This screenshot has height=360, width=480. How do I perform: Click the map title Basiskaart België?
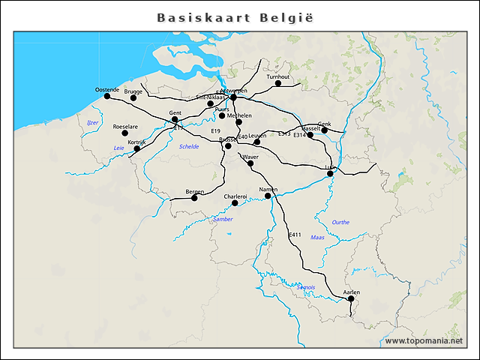pyautogui.click(x=235, y=16)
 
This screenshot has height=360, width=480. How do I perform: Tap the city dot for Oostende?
pyautogui.click(x=106, y=96)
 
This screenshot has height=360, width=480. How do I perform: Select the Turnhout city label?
pyautogui.click(x=277, y=76)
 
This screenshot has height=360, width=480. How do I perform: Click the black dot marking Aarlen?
pyautogui.click(x=351, y=298)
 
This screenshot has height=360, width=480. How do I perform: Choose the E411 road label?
pyautogui.click(x=295, y=235)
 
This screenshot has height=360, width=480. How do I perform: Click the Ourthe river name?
pyautogui.click(x=340, y=222)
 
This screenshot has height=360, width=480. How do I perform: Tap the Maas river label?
pyautogui.click(x=317, y=237)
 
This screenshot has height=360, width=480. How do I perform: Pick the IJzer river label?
pyautogui.click(x=92, y=122)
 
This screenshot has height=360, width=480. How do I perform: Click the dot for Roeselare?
pyautogui.click(x=124, y=133)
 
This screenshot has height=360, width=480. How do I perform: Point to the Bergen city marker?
pyautogui.click(x=194, y=198)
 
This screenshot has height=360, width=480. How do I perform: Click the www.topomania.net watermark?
pyautogui.click(x=424, y=341)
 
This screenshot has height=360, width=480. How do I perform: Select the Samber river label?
pyautogui.click(x=223, y=219)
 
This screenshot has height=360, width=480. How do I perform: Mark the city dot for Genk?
pyautogui.click(x=325, y=130)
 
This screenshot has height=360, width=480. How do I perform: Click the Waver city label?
pyautogui.click(x=250, y=157)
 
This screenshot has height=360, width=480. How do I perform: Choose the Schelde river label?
pyautogui.click(x=189, y=147)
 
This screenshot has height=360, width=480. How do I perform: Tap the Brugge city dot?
pyautogui.click(x=133, y=98)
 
